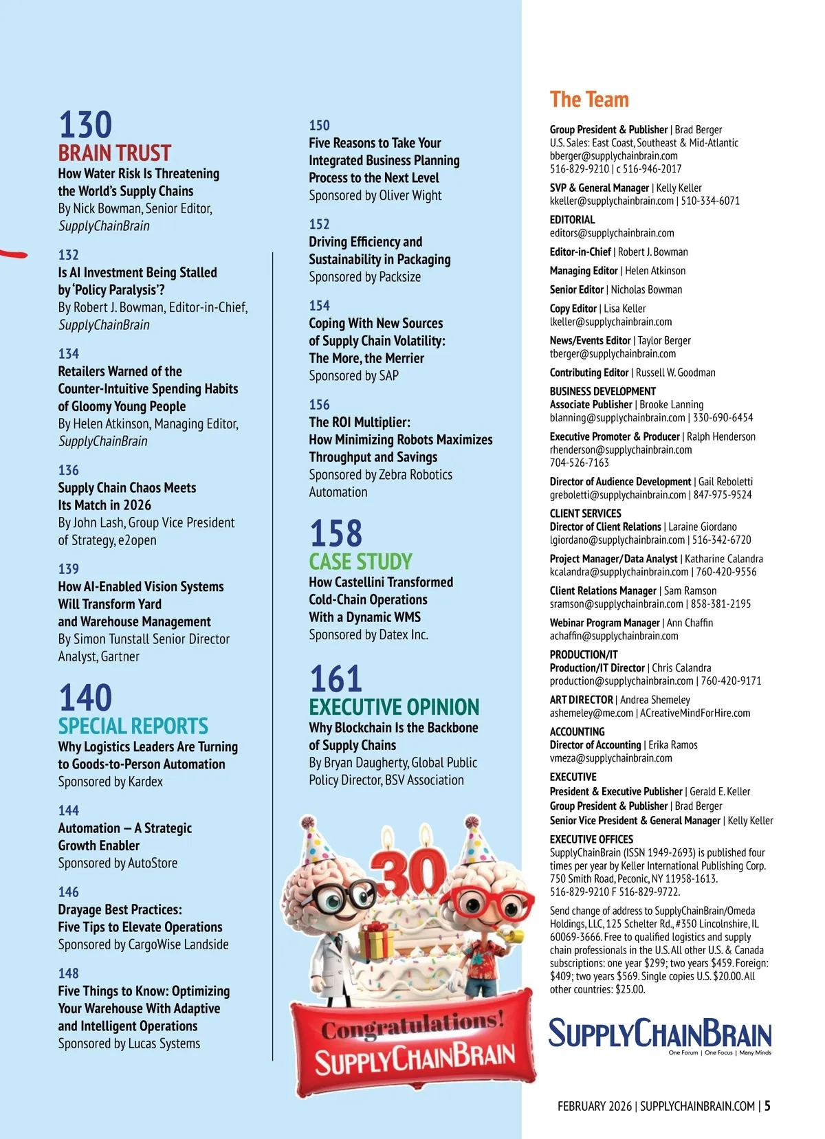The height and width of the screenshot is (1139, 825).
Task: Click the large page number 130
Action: [x=85, y=125]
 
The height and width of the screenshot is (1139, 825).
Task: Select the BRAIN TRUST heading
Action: [x=114, y=153]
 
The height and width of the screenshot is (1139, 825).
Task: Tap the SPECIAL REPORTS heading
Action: [x=133, y=726]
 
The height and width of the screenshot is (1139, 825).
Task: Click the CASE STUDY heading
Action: [x=360, y=562]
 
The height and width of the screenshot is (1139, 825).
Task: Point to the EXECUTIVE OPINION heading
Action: [x=394, y=707]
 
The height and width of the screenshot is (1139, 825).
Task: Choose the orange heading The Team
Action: [x=589, y=100]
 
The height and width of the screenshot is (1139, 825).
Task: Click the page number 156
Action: [x=319, y=405]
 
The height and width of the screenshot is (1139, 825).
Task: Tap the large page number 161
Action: [x=335, y=679]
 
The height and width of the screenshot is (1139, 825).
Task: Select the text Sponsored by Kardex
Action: [x=110, y=782]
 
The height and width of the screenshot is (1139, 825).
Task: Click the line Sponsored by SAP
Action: [x=353, y=376]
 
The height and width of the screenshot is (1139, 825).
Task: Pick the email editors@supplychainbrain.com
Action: [x=612, y=233]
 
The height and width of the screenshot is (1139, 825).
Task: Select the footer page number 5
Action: [x=767, y=1106]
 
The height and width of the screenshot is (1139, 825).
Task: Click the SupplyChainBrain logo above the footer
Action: [x=659, y=1035]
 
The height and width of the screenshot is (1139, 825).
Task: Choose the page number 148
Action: [x=69, y=973]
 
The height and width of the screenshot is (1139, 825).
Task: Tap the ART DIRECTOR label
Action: [x=581, y=700]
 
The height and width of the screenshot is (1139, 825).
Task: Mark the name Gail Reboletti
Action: [x=725, y=482]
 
